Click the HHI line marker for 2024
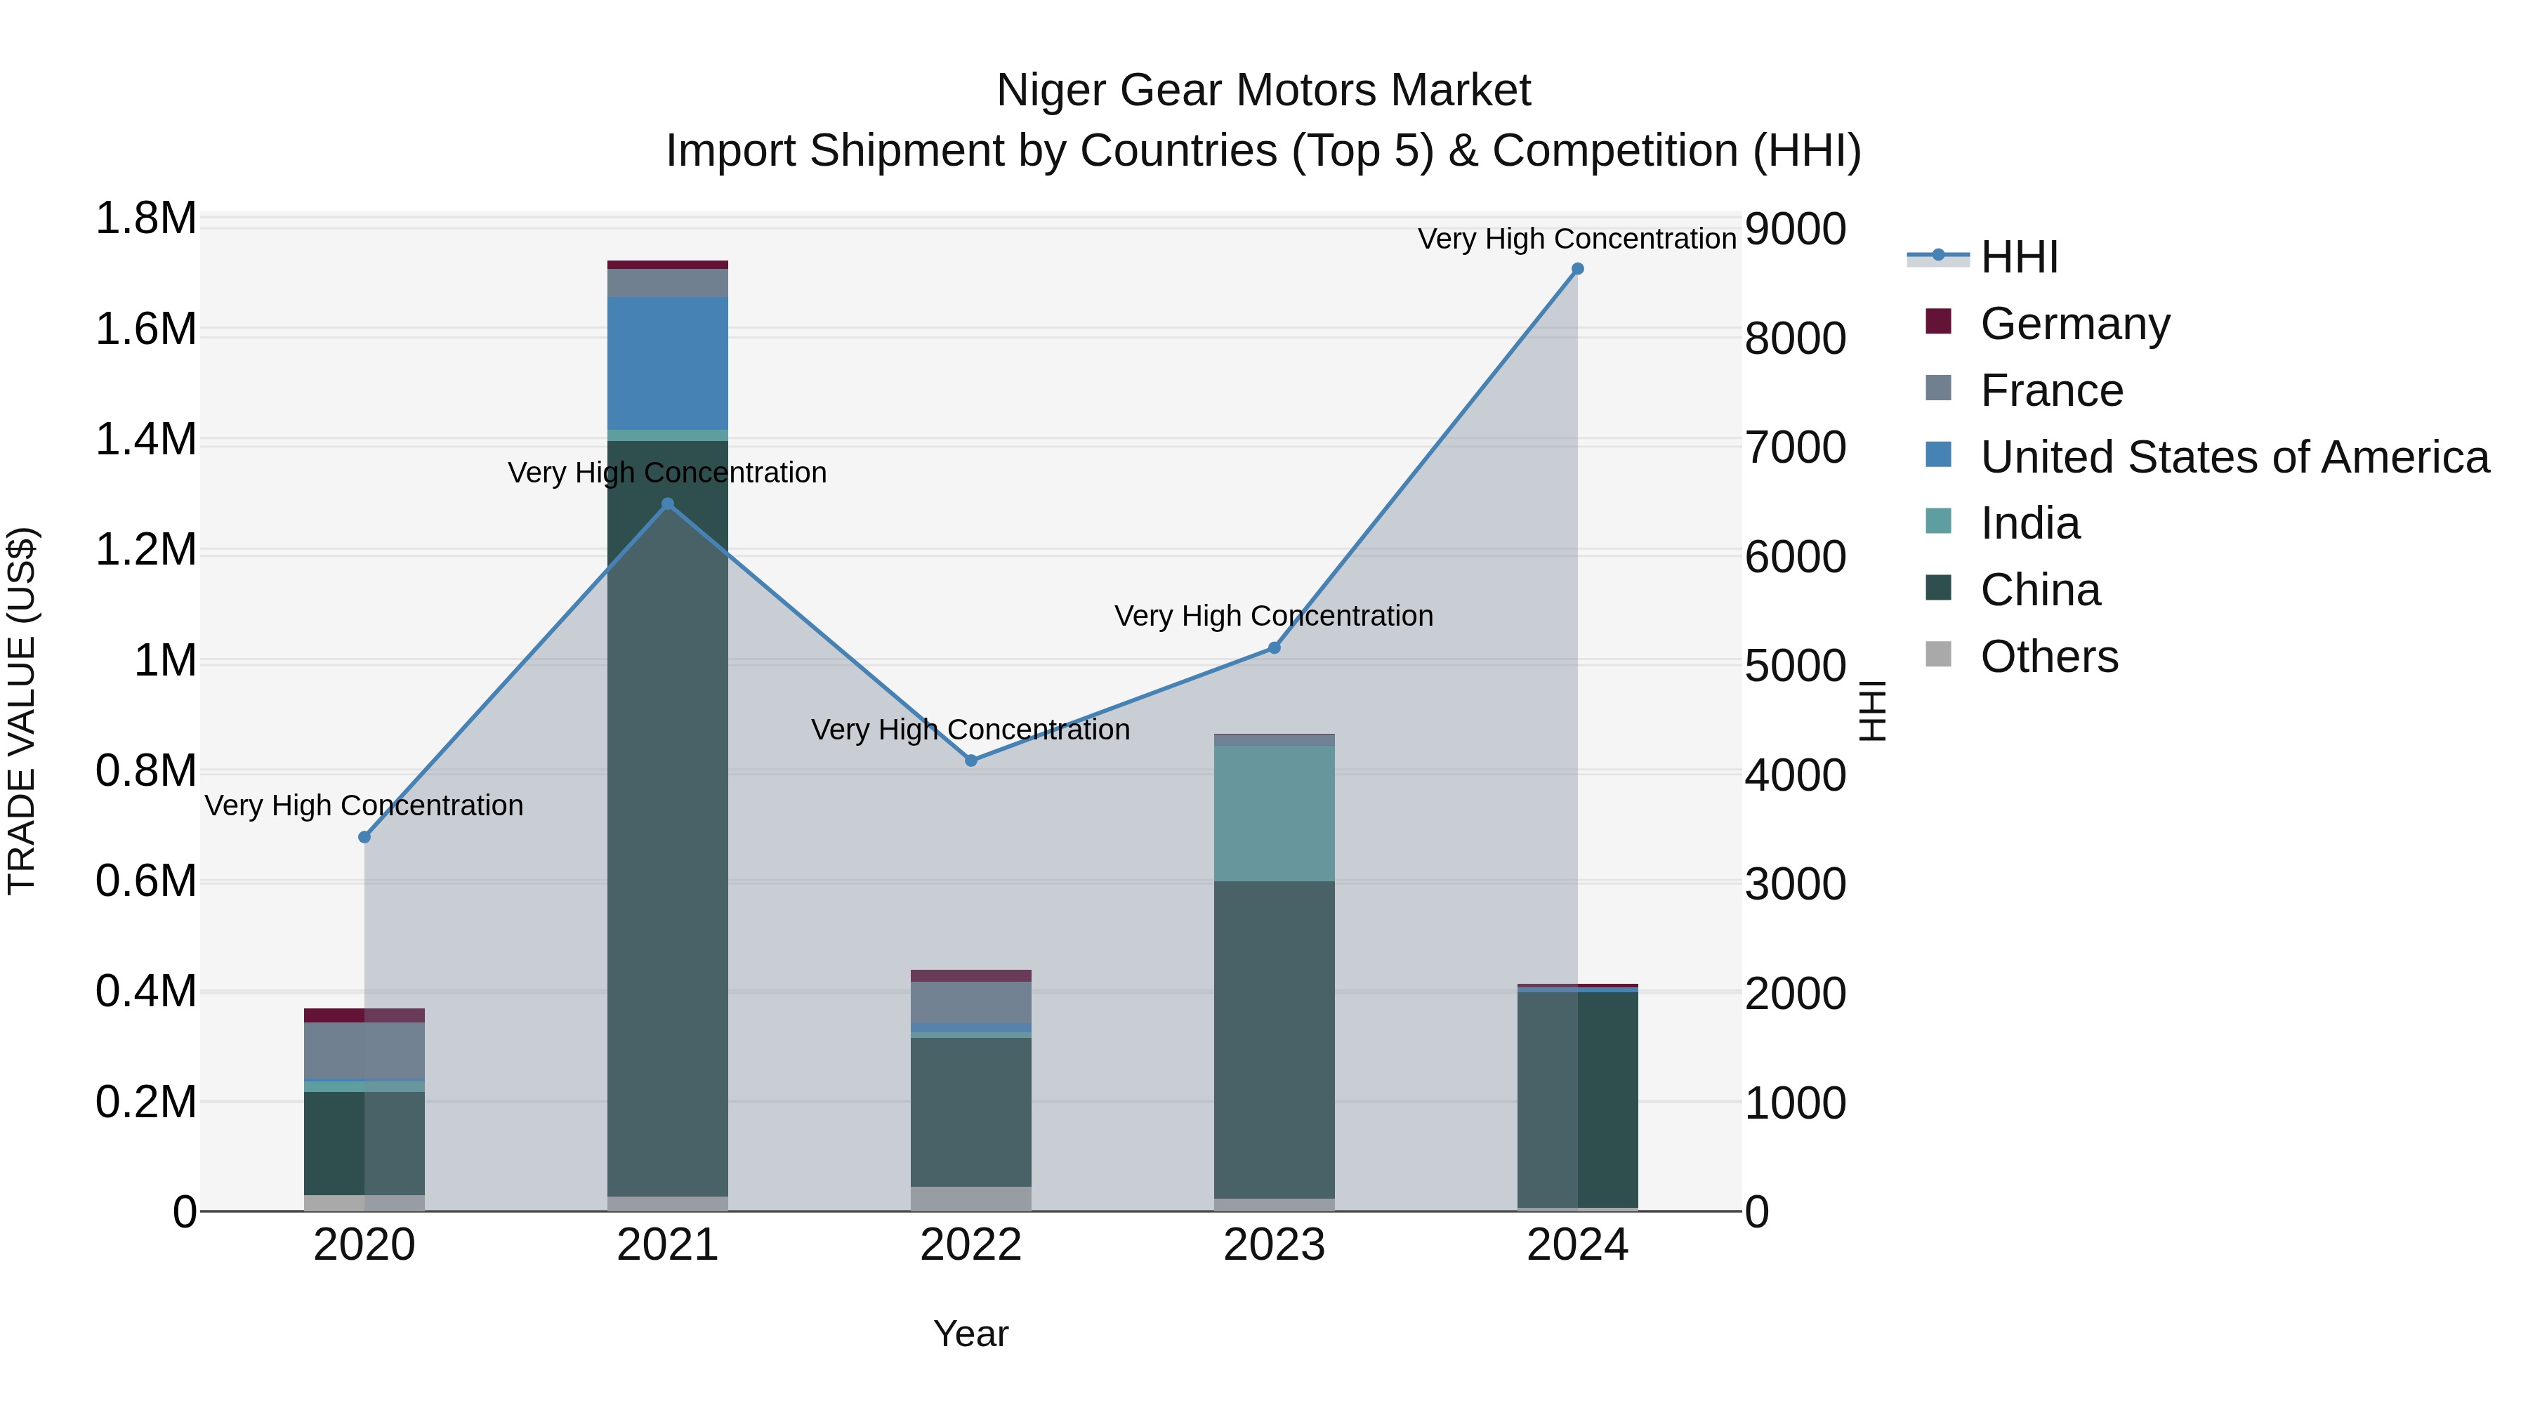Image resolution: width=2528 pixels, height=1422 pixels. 1577,269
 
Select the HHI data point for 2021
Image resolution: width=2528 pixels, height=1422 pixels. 667,503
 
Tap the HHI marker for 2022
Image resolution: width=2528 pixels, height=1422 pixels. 970,761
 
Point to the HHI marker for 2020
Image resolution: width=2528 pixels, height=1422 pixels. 364,837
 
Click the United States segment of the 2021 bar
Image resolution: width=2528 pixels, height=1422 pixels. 667,363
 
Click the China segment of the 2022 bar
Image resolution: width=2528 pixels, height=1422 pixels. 970,1111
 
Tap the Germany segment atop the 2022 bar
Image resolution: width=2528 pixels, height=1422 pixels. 970,975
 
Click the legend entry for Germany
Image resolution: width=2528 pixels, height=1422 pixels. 2074,324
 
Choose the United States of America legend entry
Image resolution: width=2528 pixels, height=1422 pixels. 2234,457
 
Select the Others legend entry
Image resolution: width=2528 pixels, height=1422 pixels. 2048,657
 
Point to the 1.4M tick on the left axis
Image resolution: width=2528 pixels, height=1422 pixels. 145,440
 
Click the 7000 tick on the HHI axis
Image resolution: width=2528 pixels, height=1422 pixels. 1795,447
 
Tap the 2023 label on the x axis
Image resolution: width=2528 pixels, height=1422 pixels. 1274,1245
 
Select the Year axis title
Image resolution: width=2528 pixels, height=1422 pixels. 970,1334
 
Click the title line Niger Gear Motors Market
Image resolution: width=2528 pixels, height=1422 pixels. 1263,91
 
